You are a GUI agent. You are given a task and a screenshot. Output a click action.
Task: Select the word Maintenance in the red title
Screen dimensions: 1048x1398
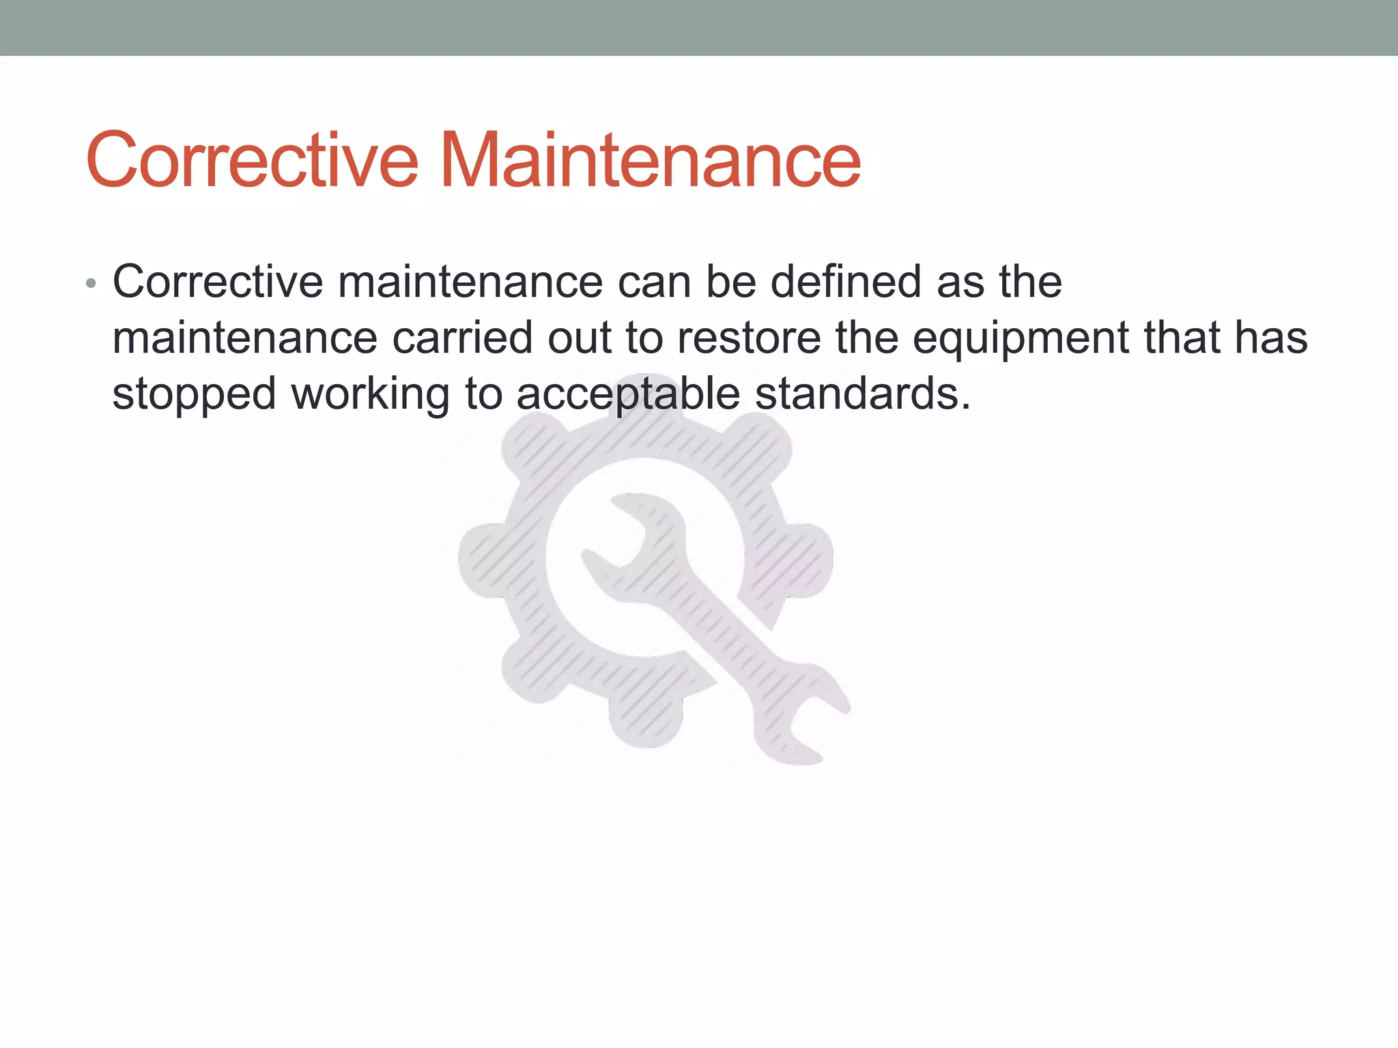[x=650, y=160]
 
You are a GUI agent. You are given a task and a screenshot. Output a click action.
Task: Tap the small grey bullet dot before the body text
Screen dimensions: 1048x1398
[x=91, y=284]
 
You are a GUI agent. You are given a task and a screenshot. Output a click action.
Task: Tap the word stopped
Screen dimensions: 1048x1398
[x=194, y=395]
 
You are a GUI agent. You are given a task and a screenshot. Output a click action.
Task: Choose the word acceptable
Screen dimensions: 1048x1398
[x=628, y=395]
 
